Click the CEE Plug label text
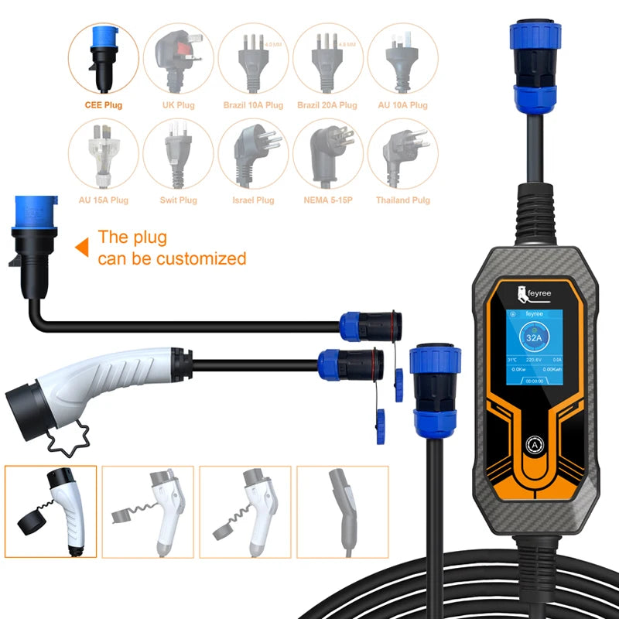(x=104, y=105)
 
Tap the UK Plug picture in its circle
(x=179, y=58)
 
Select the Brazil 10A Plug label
(x=253, y=105)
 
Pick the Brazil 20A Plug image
(x=327, y=58)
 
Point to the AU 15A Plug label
(x=104, y=200)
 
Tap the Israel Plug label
(x=253, y=200)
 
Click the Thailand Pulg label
(x=402, y=200)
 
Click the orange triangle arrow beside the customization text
(x=80, y=248)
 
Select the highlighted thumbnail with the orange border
(x=50, y=511)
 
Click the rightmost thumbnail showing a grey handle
(x=344, y=511)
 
